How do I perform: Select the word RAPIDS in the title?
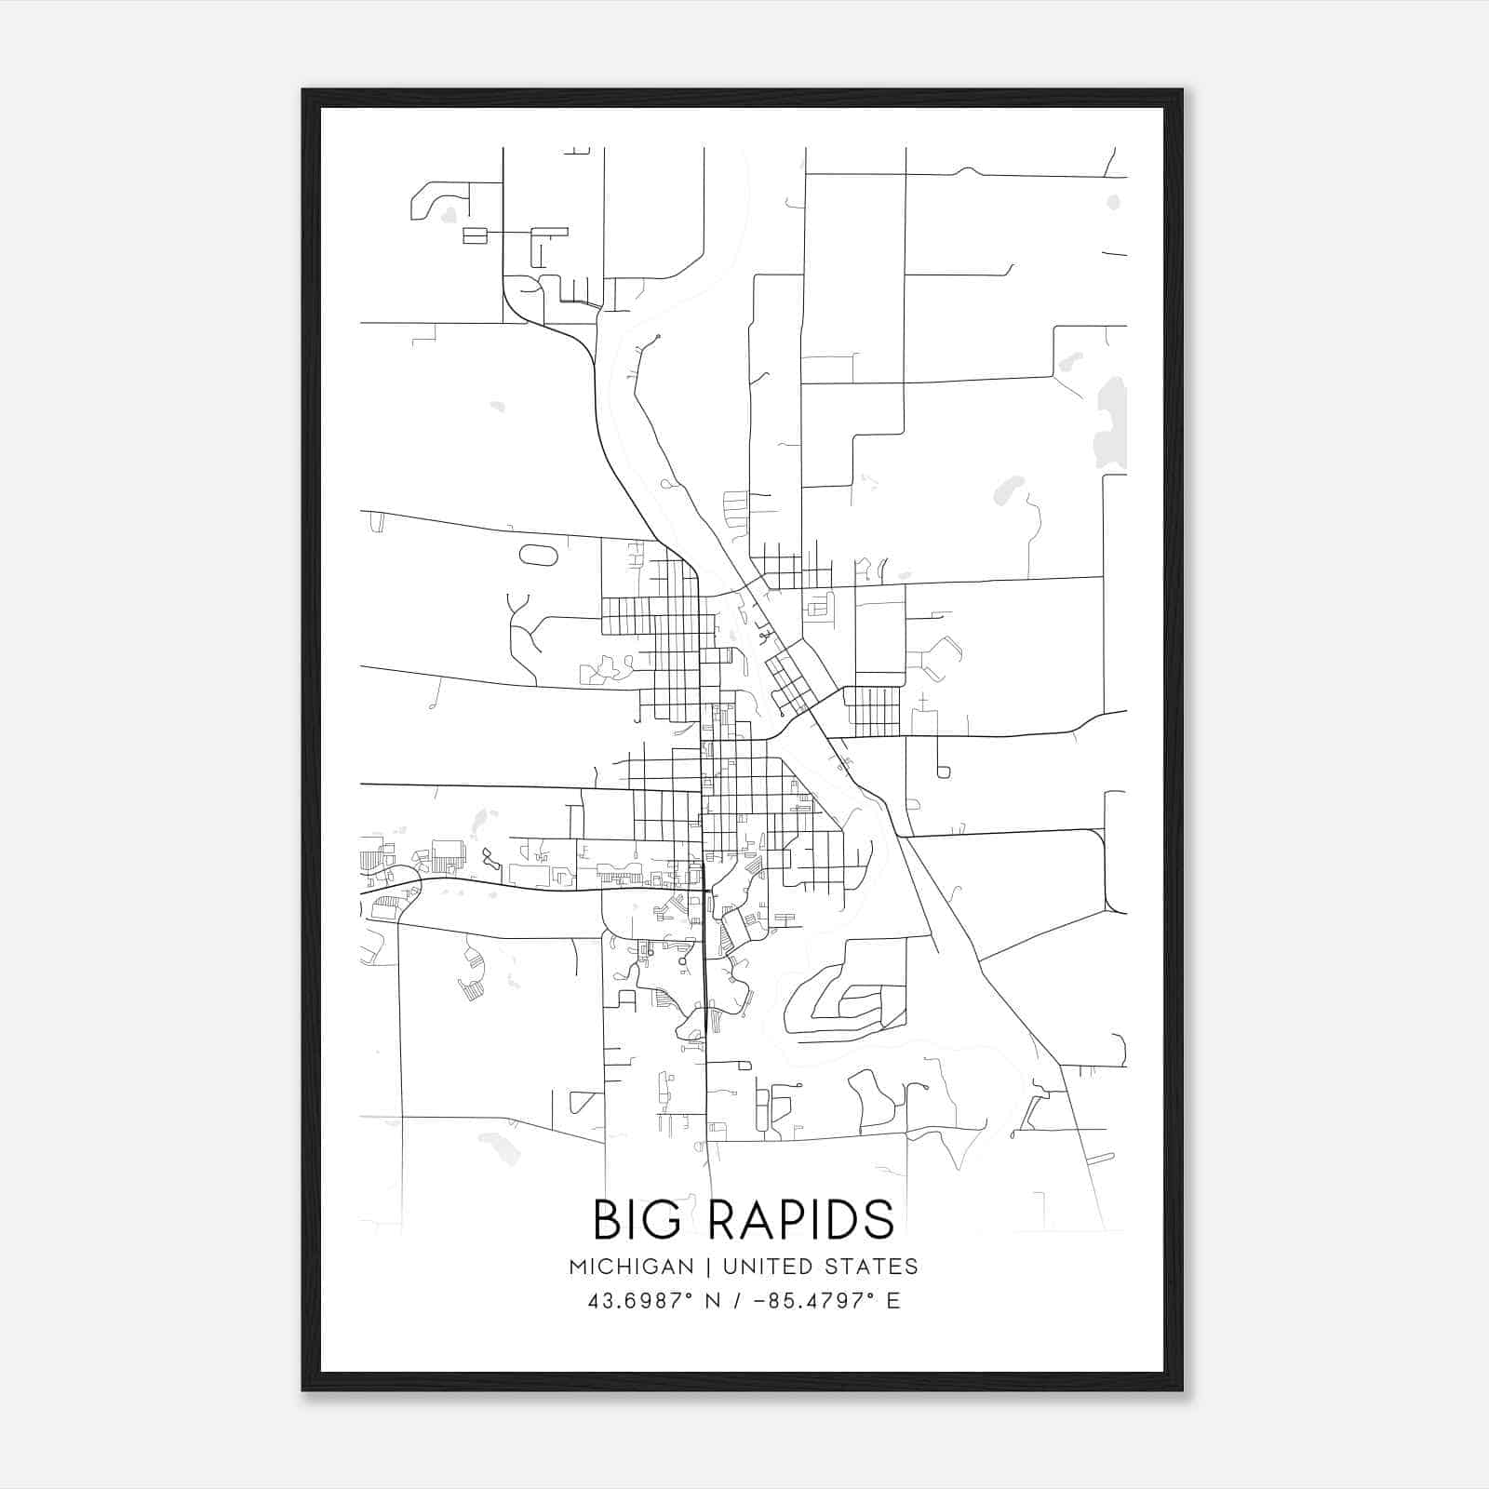click(x=801, y=1219)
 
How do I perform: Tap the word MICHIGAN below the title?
click(x=632, y=1267)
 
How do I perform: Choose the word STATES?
click(x=872, y=1267)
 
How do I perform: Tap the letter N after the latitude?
click(x=714, y=1301)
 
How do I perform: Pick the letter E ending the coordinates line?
click(x=893, y=1301)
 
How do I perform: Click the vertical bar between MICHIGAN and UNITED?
click(x=708, y=1267)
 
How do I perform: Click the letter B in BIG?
click(x=608, y=1219)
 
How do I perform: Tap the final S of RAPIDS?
click(x=880, y=1219)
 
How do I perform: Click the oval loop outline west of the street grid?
click(x=538, y=555)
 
